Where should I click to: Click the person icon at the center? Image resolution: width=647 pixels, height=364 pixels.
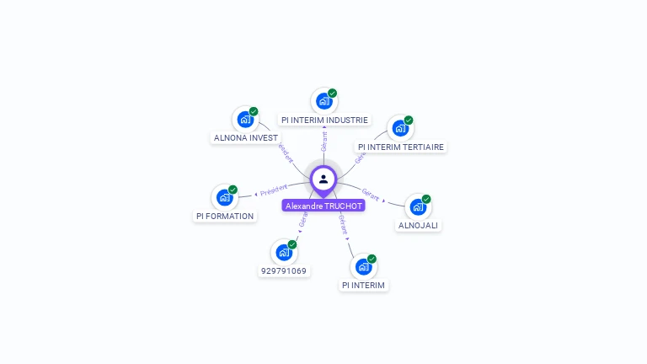pyautogui.click(x=323, y=179)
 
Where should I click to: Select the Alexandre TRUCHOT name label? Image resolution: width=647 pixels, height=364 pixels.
pyautogui.click(x=323, y=206)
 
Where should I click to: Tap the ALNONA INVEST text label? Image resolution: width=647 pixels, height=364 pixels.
pyautogui.click(x=246, y=137)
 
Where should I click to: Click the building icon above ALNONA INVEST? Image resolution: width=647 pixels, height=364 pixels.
pyautogui.click(x=244, y=119)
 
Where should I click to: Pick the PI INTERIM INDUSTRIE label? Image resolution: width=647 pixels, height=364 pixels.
pyautogui.click(x=324, y=120)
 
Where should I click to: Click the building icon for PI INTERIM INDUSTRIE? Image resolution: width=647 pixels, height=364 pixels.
pyautogui.click(x=323, y=101)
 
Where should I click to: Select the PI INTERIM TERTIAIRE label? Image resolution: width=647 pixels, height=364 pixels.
pyautogui.click(x=400, y=147)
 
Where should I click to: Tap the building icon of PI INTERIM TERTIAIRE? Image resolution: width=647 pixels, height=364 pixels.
pyautogui.click(x=399, y=128)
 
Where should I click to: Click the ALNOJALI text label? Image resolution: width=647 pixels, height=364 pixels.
pyautogui.click(x=419, y=225)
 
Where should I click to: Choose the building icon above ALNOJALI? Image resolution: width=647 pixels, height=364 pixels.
pyautogui.click(x=418, y=206)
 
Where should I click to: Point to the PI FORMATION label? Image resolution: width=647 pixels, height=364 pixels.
pyautogui.click(x=224, y=216)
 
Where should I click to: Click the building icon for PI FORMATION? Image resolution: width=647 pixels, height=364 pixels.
pyautogui.click(x=224, y=197)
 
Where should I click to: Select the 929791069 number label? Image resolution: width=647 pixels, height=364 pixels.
pyautogui.click(x=284, y=270)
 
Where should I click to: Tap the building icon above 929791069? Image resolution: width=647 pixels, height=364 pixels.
pyautogui.click(x=284, y=252)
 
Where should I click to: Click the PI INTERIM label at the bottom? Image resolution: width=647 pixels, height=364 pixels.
pyautogui.click(x=363, y=285)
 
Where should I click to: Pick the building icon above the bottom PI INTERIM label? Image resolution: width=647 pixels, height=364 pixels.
pyautogui.click(x=363, y=266)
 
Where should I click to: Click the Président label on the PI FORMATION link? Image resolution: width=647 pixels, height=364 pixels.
pyautogui.click(x=274, y=190)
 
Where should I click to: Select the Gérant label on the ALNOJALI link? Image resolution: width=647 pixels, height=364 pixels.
pyautogui.click(x=372, y=195)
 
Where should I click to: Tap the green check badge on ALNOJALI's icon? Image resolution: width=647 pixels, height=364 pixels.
pyautogui.click(x=426, y=199)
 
